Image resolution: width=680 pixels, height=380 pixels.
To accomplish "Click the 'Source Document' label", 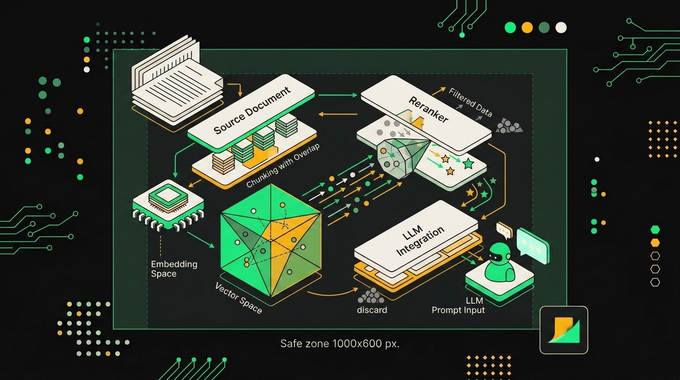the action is click(x=252, y=110).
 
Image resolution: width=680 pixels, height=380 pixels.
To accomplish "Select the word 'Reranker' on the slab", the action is click(x=428, y=109).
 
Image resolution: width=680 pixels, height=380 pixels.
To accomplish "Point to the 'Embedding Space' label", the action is click(x=174, y=269).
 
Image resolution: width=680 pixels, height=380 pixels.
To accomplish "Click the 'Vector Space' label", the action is click(x=239, y=298).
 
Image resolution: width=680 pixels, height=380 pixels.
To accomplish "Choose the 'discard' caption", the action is click(x=372, y=310).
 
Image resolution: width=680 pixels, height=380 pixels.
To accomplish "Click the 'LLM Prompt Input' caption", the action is click(x=458, y=305).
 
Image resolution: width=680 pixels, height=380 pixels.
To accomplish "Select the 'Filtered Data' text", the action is click(x=470, y=102).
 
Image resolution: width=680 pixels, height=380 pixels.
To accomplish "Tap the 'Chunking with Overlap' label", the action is click(x=283, y=165).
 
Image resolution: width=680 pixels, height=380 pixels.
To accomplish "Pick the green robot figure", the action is click(x=500, y=262).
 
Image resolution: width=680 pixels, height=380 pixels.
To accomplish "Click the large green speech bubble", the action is click(x=533, y=246).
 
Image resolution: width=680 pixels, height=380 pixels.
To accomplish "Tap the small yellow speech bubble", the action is click(x=504, y=231).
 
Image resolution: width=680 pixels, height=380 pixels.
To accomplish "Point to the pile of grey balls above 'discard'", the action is click(x=371, y=296).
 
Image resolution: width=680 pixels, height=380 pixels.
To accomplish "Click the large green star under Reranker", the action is click(x=468, y=164).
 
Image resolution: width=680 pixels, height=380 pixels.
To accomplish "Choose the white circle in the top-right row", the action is click(x=561, y=28).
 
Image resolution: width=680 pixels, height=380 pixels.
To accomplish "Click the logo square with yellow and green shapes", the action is click(x=564, y=330).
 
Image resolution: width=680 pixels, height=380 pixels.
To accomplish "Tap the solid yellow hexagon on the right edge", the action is click(x=655, y=242).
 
